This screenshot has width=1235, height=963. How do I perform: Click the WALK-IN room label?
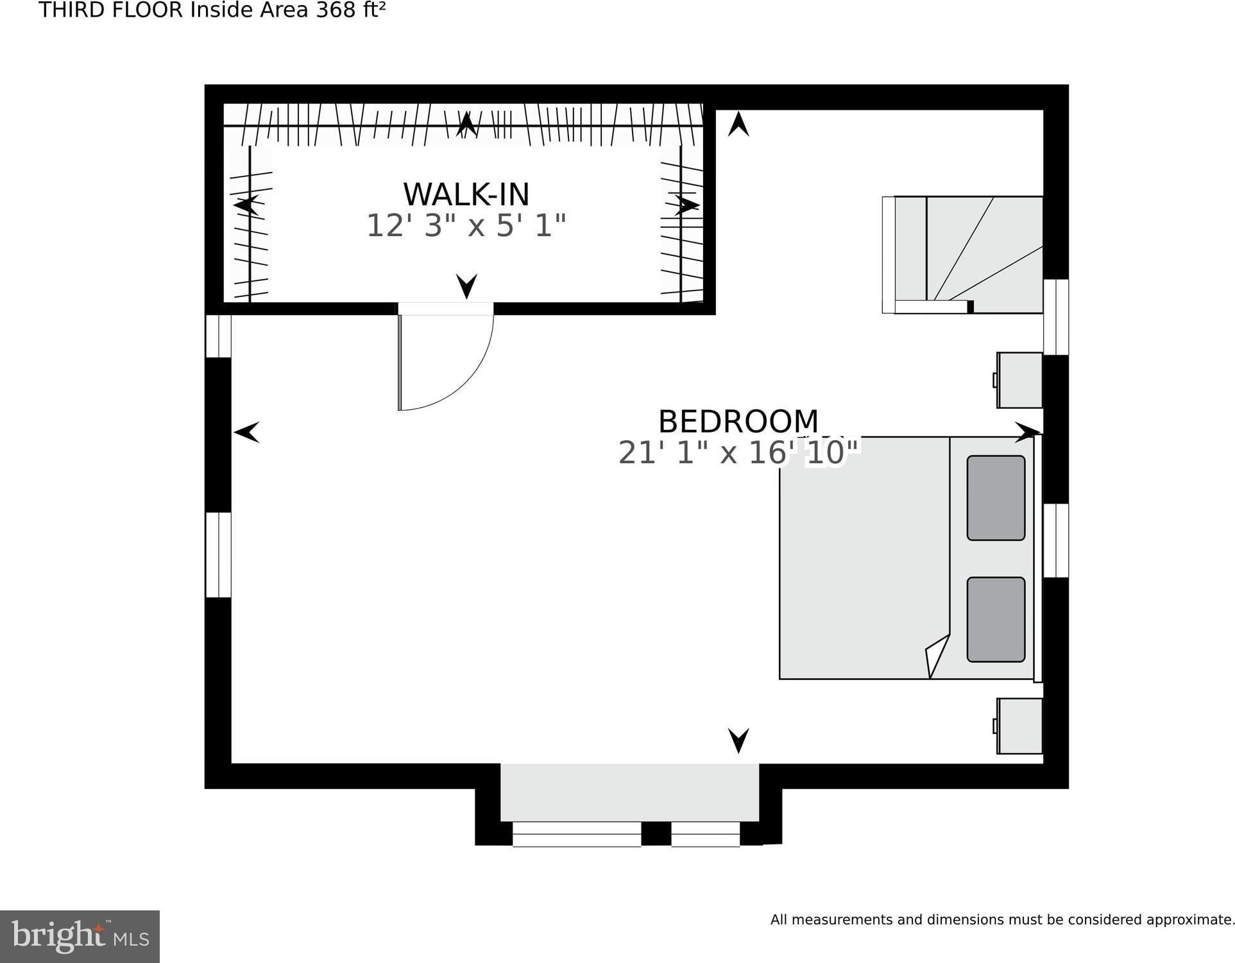click(466, 194)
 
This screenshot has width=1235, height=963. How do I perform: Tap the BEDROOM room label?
click(738, 422)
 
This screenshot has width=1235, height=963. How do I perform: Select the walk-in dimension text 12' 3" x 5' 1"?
click(466, 226)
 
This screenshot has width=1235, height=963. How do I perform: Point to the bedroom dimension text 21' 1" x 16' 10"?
click(738, 452)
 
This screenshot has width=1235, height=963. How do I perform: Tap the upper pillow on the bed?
click(996, 498)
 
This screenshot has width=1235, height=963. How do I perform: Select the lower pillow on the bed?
click(996, 619)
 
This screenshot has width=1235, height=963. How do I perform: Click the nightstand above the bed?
click(1019, 380)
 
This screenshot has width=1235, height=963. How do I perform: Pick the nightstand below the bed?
click(1019, 726)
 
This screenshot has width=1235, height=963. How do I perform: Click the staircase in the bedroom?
click(962, 255)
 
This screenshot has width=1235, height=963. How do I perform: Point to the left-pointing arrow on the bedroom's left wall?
click(247, 432)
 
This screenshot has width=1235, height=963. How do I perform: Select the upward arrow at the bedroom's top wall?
click(738, 124)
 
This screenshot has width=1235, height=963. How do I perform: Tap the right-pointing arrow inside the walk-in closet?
click(687, 205)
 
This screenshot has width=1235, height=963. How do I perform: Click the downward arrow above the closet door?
click(466, 286)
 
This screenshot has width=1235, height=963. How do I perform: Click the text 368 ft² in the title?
click(350, 10)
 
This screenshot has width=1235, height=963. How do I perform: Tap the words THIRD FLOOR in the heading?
click(111, 10)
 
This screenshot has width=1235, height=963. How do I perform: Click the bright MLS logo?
click(80, 936)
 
